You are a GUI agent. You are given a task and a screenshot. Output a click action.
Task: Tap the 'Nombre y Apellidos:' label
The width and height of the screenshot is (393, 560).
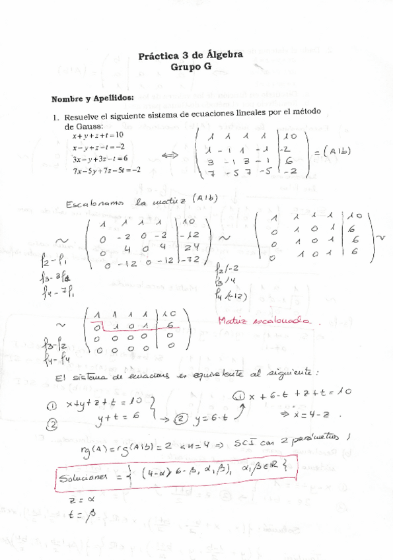(92, 98)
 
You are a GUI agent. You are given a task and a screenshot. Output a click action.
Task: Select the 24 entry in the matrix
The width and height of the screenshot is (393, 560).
(190, 248)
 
